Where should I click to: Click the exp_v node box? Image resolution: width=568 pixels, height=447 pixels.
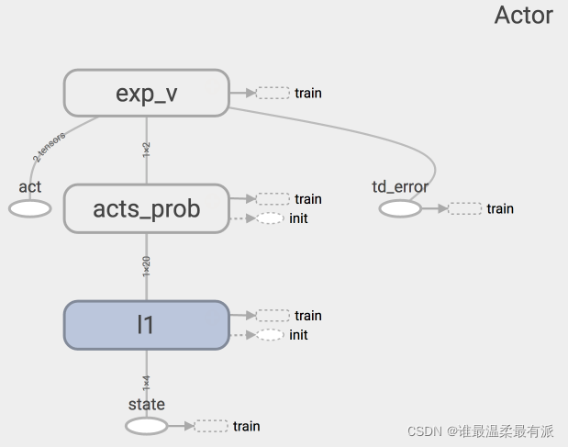coord(146,93)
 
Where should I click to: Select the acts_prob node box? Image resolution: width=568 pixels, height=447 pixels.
coord(146,208)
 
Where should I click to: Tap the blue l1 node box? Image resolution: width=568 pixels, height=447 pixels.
coord(146,325)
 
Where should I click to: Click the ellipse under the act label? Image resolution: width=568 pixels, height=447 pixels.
coord(30,208)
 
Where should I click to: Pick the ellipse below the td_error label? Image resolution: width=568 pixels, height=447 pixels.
coord(400,208)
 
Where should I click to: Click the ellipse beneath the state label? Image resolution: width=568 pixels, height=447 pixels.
coord(147,426)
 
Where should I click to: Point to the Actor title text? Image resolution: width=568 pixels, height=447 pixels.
coord(523,16)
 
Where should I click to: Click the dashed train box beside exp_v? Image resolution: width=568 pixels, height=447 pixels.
coord(273,93)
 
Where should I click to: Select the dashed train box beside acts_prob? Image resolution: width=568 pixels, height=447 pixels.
coord(273,199)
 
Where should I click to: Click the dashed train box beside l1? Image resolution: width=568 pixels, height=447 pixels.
coord(273,316)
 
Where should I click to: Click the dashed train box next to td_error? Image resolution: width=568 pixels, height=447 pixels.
coord(465,208)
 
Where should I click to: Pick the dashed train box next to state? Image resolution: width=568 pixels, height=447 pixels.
coord(211,426)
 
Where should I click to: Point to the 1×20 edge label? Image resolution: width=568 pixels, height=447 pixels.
coord(146,266)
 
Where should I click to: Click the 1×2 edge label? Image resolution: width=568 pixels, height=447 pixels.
coord(146,150)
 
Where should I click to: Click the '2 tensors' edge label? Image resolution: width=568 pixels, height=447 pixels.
coord(50,147)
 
